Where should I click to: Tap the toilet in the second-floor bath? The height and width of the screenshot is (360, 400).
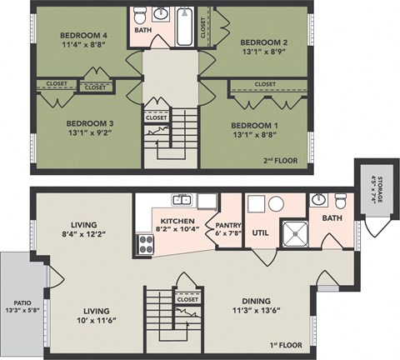tap(141, 17)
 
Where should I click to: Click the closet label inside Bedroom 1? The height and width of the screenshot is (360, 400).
tap(265, 84)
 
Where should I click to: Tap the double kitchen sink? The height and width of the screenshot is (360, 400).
tap(183, 200)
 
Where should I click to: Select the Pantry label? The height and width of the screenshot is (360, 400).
tap(227, 225)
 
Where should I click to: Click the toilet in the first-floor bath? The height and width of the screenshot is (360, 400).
tap(341, 202)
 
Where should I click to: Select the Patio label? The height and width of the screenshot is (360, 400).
tap(17, 305)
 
